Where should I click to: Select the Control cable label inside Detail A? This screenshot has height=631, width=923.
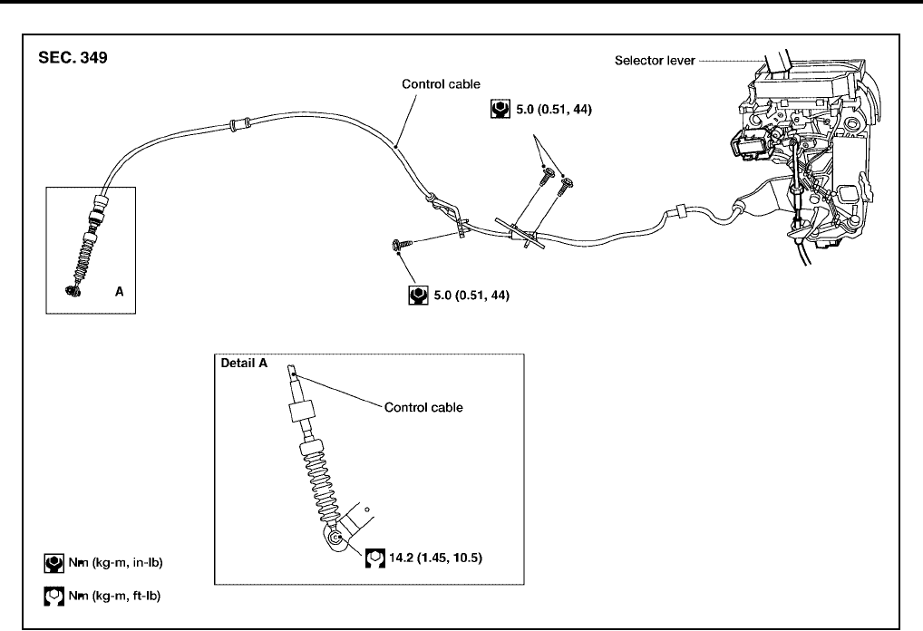423,407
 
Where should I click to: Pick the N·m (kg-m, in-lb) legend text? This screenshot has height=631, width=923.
115,563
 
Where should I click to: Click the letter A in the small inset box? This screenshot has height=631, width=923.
119,292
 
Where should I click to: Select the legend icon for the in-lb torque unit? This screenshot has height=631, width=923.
53,563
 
